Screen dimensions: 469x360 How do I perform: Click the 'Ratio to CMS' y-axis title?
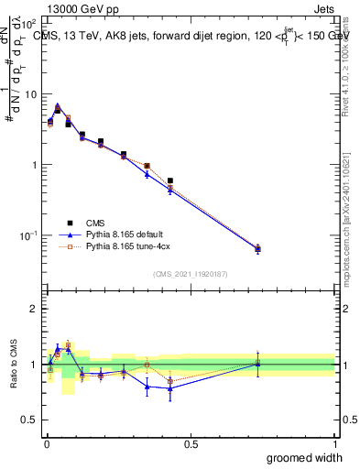13,364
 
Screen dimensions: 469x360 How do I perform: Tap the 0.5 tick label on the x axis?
191,443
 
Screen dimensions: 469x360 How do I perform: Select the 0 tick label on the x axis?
46,443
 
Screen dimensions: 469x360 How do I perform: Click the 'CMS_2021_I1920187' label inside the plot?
190,274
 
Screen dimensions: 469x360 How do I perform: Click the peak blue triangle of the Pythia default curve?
58,107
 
